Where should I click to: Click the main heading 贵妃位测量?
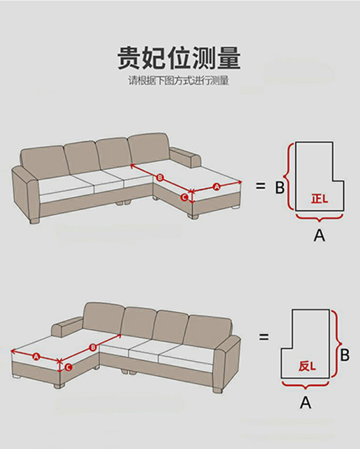[x=179, y=58]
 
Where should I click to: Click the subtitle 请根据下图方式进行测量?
[x=179, y=81]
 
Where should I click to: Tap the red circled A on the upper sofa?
[x=216, y=187]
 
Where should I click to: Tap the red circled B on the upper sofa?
[x=160, y=178]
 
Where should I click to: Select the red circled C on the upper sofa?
[x=185, y=197]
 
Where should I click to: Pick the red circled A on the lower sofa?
[x=36, y=357]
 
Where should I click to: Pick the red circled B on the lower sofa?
[x=93, y=348]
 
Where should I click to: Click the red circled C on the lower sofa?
[x=68, y=367]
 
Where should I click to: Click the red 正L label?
[x=319, y=198]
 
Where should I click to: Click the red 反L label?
[x=307, y=366]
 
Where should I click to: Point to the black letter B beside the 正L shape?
[x=279, y=188]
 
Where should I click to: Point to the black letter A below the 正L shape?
[x=319, y=235]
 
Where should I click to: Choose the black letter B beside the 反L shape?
[x=345, y=355]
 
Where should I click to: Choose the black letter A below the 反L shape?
[x=306, y=402]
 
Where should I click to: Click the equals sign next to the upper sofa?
[x=260, y=186]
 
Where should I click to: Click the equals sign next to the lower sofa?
[x=264, y=337]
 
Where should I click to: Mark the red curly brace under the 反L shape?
[x=306, y=385]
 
